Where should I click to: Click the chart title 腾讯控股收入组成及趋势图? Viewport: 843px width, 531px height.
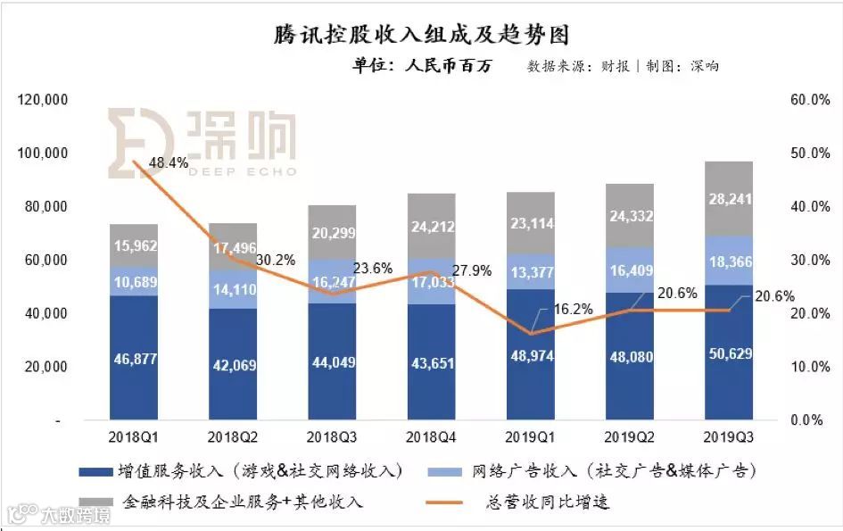click(420, 35)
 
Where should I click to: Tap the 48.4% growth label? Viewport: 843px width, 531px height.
click(169, 163)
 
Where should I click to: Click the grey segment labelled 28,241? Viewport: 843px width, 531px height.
click(728, 198)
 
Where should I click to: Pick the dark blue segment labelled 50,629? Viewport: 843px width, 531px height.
click(728, 353)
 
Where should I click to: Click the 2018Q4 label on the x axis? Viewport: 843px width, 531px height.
click(431, 437)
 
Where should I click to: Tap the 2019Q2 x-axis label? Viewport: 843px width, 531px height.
click(629, 437)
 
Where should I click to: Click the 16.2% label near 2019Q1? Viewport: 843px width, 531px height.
click(573, 309)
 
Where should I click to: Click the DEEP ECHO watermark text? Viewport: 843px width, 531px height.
click(240, 171)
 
